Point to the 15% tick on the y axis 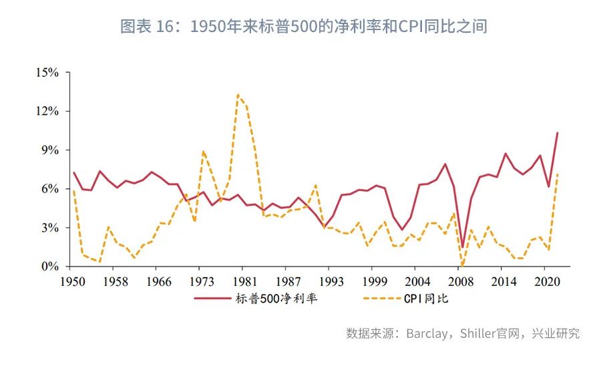(x=49, y=72)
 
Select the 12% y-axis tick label (x=49, y=111)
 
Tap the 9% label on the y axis (x=52, y=150)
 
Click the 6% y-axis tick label (x=52, y=189)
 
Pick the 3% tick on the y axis (x=52, y=228)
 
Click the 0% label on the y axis (x=52, y=266)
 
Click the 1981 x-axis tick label (x=246, y=281)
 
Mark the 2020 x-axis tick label (x=547, y=281)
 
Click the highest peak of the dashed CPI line (x=238, y=94)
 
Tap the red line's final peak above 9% (x=558, y=133)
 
